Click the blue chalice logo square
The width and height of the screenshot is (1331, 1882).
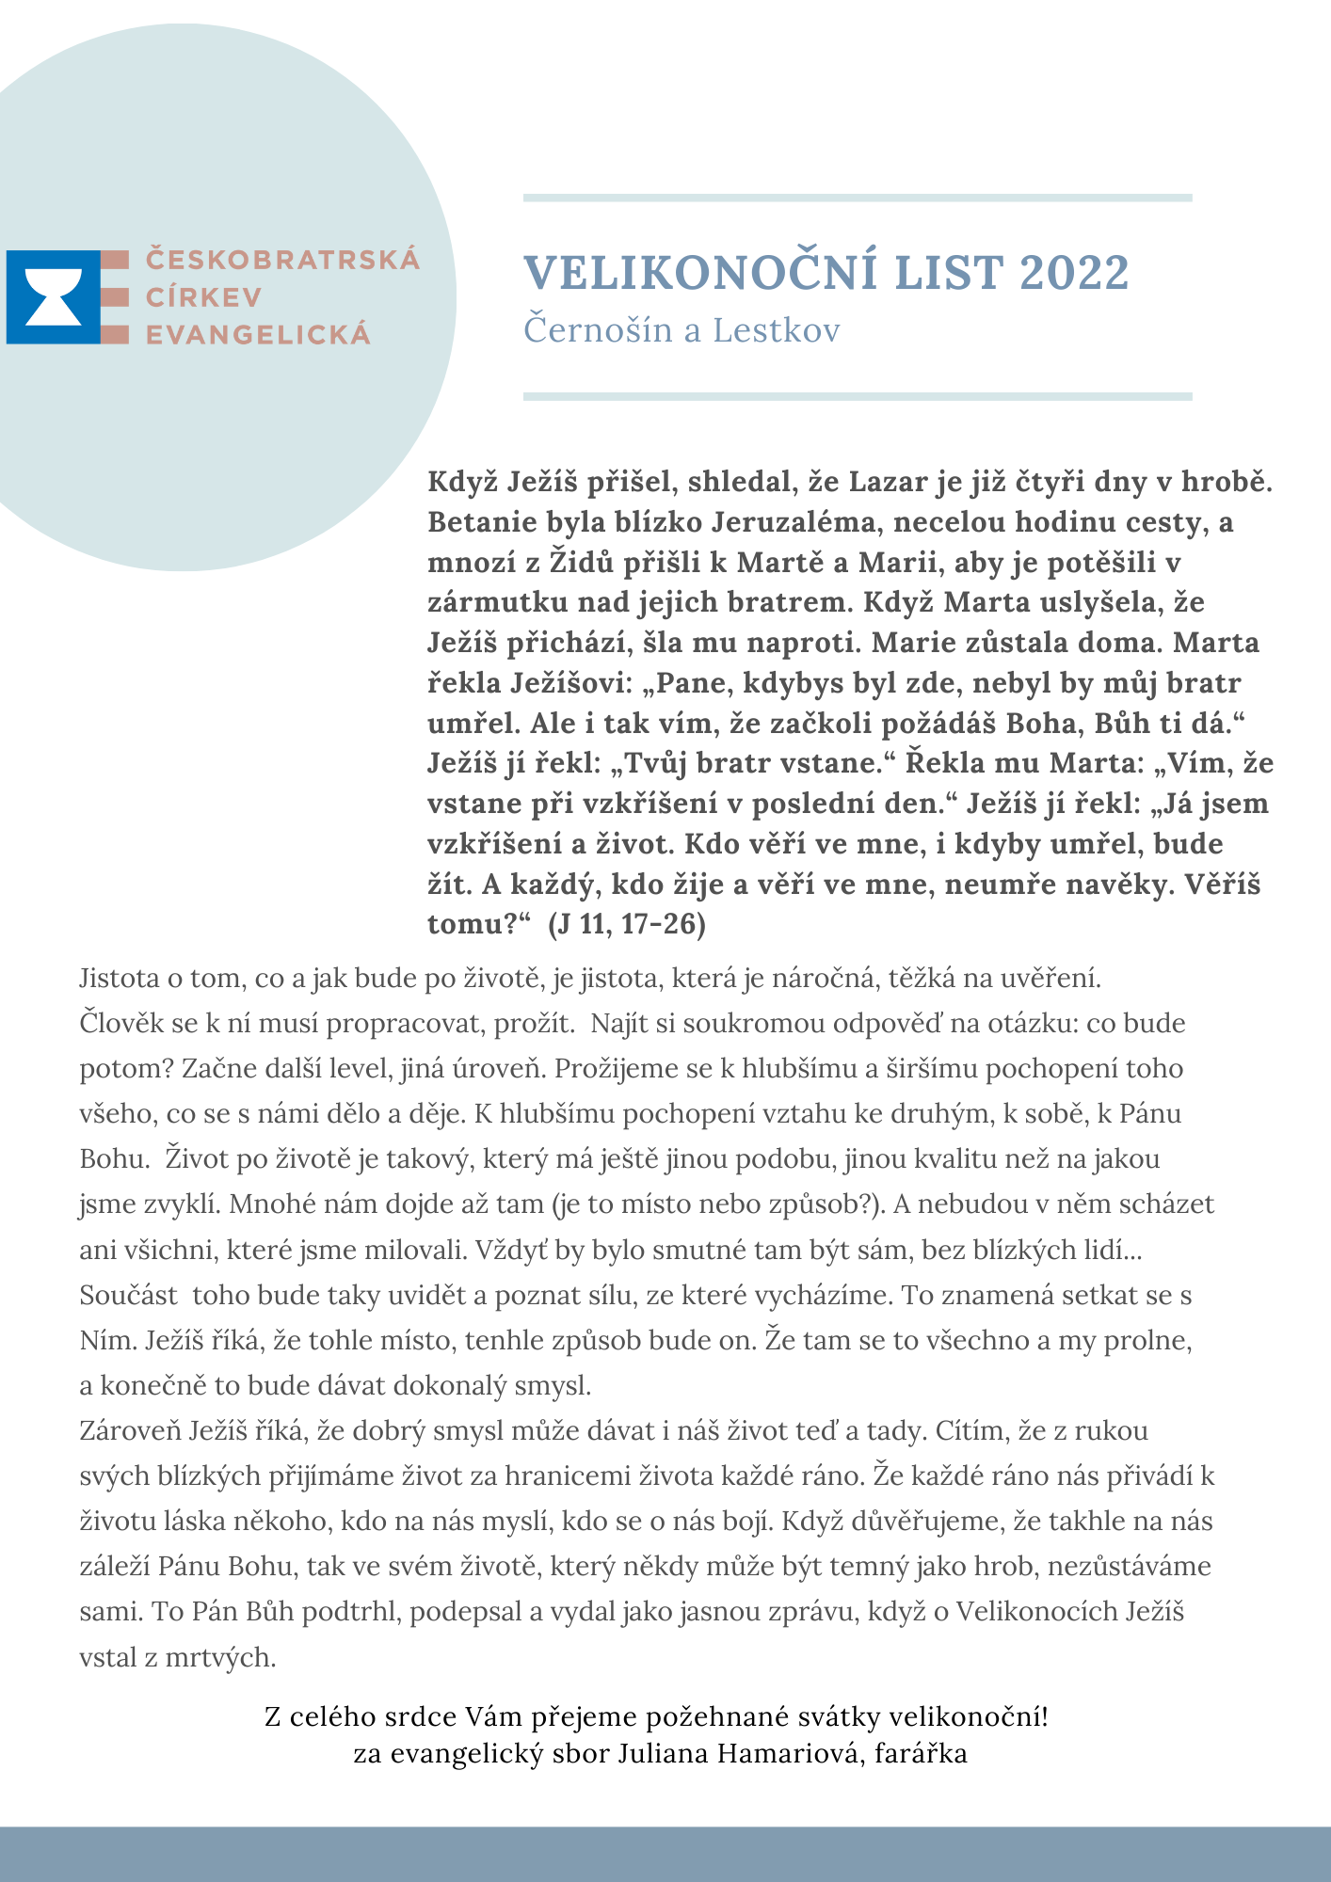(53, 296)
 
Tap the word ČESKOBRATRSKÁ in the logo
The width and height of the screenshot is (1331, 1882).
(282, 260)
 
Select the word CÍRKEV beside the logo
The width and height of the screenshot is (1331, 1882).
(203, 297)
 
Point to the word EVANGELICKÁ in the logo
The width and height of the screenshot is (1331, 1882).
(258, 334)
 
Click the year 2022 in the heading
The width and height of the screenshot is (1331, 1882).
(1074, 273)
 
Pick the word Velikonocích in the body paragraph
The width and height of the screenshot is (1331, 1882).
(1036, 1613)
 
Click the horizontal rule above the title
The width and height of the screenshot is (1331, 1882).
(857, 198)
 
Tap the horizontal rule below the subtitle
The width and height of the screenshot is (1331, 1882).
(857, 397)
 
